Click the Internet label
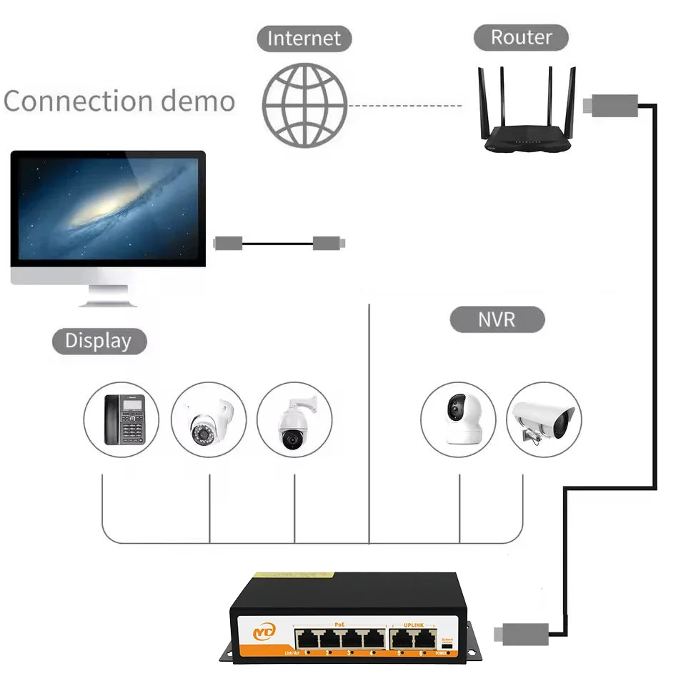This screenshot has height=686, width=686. pos(304,38)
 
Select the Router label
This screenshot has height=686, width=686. pos(521,37)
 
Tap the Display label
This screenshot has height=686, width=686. pos(99,341)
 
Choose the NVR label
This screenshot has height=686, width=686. pos(497,319)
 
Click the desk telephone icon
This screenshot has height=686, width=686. pos(121,419)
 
